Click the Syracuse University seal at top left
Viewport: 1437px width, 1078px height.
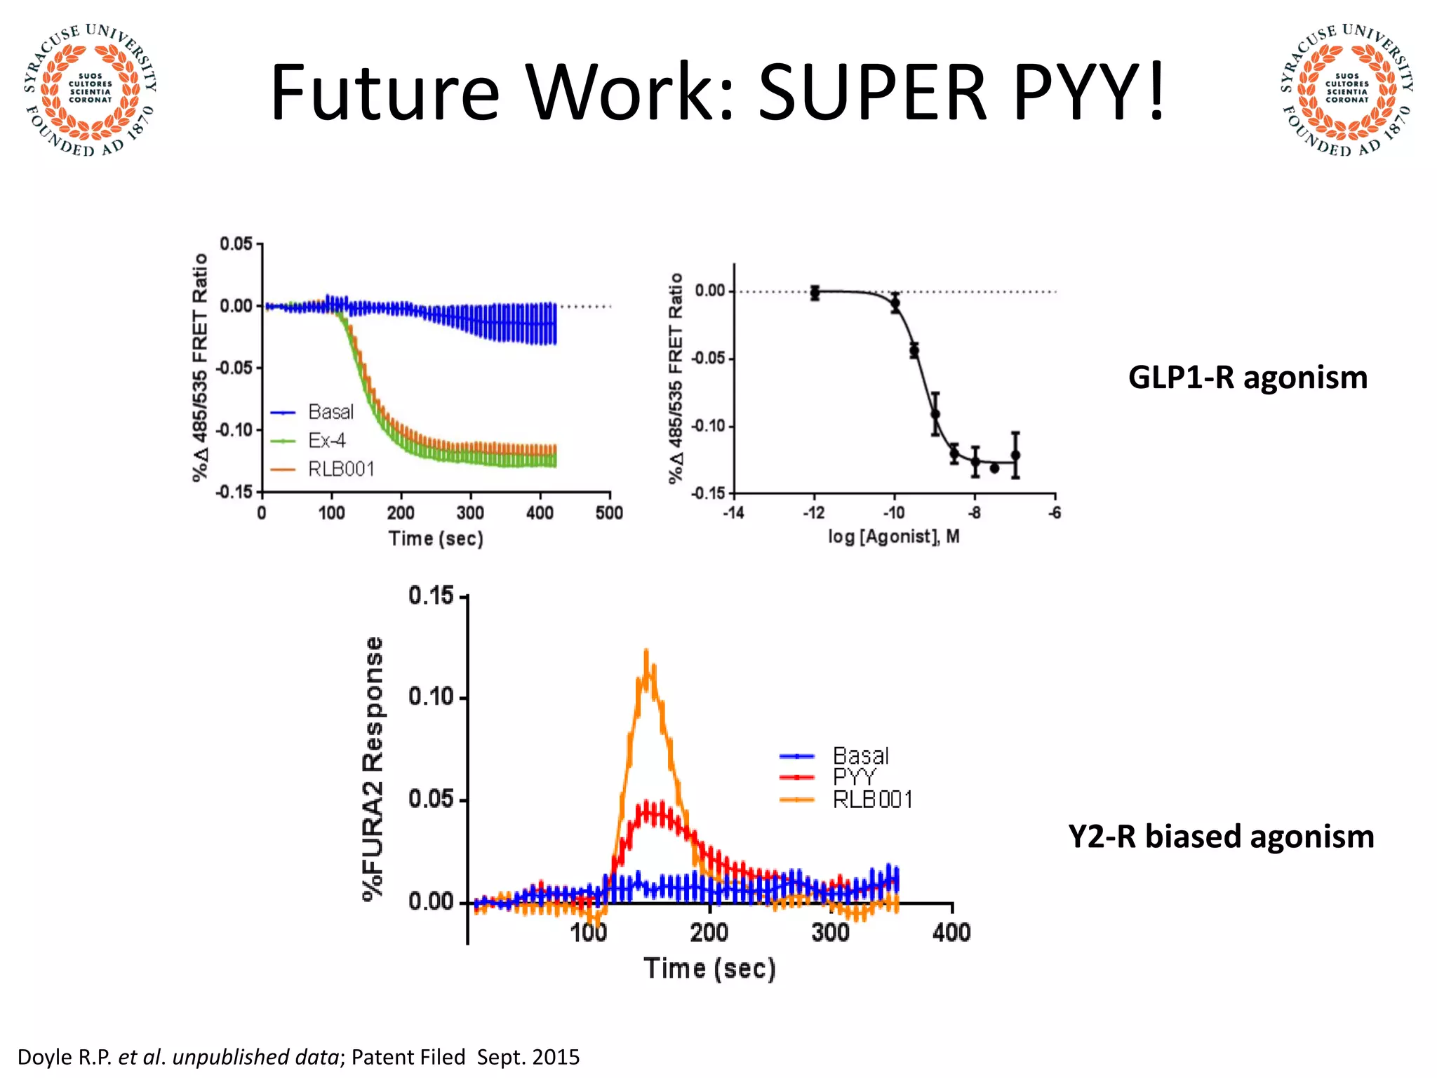(x=90, y=90)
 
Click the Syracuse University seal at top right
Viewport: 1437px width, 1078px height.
(x=1346, y=90)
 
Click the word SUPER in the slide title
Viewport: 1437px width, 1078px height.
(x=873, y=93)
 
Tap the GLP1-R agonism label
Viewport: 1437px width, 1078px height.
(x=1248, y=378)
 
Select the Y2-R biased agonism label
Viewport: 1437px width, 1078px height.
(x=1221, y=837)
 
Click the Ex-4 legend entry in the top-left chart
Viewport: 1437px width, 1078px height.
(x=326, y=441)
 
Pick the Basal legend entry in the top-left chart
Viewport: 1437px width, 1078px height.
(x=330, y=412)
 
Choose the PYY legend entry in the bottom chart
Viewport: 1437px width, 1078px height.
(x=854, y=777)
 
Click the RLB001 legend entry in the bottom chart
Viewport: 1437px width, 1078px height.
(x=872, y=799)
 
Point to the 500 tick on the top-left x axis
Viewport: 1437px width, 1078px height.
(x=609, y=513)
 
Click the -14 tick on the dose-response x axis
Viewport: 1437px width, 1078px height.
(x=733, y=513)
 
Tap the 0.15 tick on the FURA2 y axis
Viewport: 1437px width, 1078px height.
(x=432, y=596)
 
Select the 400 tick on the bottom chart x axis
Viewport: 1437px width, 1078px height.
(x=951, y=933)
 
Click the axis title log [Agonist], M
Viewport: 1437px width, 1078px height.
(x=894, y=537)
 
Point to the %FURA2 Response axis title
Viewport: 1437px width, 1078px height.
(x=373, y=768)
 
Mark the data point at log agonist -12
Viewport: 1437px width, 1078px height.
(x=815, y=292)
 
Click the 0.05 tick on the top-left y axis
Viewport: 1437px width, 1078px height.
(x=236, y=244)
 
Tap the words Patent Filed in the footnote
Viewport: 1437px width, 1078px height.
(x=408, y=1057)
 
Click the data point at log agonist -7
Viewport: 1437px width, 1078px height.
(x=1015, y=455)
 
